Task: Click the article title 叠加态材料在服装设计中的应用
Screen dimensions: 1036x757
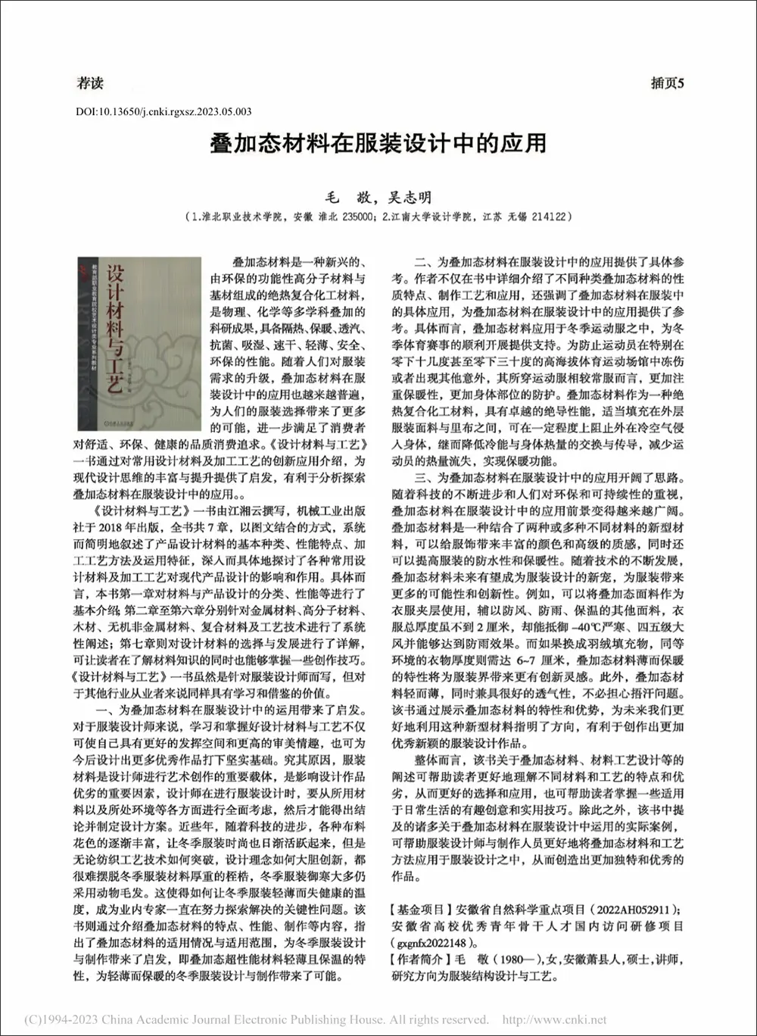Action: pos(378,143)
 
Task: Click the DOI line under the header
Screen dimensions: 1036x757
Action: pos(164,111)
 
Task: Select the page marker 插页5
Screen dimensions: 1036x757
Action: pos(667,84)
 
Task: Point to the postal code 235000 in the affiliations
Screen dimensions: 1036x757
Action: pos(352,217)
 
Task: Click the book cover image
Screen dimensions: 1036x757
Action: pos(139,345)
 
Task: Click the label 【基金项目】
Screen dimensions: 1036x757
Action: pos(421,909)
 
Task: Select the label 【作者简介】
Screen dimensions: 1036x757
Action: pos(421,959)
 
